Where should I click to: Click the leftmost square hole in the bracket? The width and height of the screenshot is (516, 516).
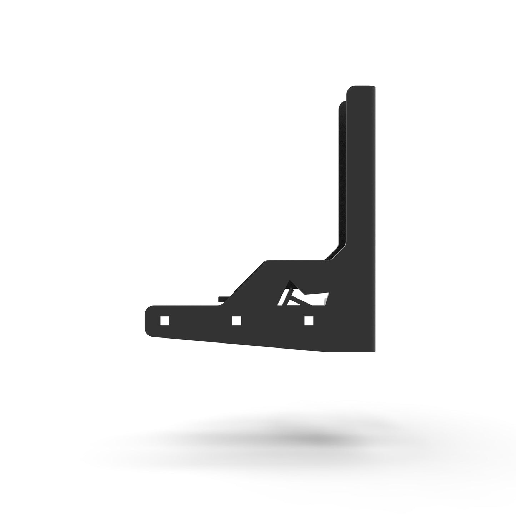[165, 320]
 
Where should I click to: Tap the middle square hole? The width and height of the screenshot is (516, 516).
[236, 321]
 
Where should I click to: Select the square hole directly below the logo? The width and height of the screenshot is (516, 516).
[309, 321]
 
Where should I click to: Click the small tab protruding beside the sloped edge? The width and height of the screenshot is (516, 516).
[224, 297]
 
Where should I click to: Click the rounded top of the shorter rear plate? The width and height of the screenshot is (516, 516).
[342, 104]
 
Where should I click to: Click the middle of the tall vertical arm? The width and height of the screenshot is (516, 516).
[359, 179]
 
